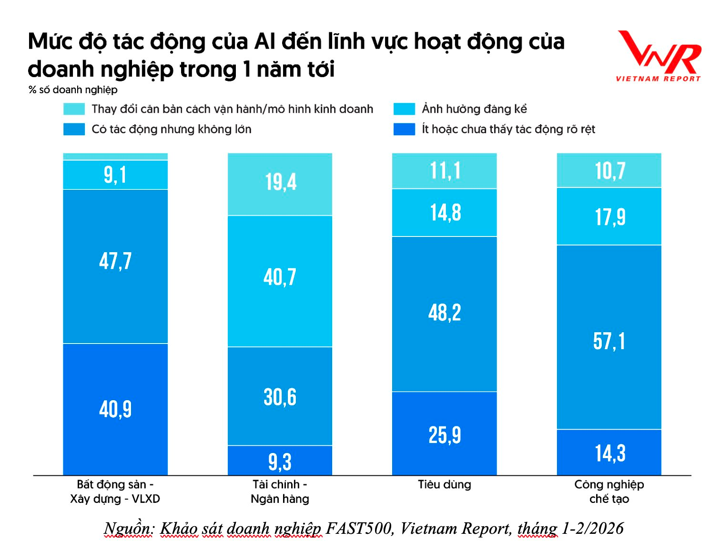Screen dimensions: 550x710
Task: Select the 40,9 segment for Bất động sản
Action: tap(115, 409)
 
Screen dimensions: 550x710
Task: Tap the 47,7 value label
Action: tap(115, 261)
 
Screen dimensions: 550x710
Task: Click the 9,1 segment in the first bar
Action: tap(115, 175)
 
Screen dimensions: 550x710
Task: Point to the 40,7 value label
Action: tap(280, 277)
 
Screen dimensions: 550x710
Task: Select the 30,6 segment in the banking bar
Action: tap(280, 397)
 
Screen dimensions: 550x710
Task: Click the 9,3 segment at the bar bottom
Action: tap(280, 461)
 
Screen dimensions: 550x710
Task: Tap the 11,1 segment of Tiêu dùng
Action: tap(445, 171)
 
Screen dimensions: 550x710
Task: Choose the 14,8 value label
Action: tap(445, 213)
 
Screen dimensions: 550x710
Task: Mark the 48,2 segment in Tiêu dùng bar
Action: tap(445, 313)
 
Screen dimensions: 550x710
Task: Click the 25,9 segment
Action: tap(445, 434)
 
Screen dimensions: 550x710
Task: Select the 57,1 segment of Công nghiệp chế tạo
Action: tap(609, 341)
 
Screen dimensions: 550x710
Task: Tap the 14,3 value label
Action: tap(609, 453)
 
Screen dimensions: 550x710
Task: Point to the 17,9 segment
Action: tap(609, 217)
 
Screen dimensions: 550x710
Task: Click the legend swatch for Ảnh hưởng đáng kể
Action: tap(404, 109)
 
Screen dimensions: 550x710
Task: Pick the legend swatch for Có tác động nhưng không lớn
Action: tap(74, 129)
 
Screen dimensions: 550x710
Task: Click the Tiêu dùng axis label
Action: tap(445, 485)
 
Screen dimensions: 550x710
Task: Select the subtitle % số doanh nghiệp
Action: tap(73, 90)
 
